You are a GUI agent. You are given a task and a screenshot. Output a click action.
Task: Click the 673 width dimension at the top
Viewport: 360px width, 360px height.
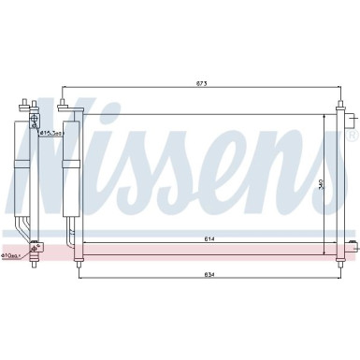pyautogui.click(x=200, y=84)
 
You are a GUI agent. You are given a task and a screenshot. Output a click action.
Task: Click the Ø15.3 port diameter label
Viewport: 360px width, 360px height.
pyautogui.click(x=50, y=134)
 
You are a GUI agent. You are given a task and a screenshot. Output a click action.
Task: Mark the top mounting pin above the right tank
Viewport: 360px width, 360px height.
pyautogui.click(x=338, y=102)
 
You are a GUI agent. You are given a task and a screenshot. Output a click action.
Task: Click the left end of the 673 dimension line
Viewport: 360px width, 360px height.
pyautogui.click(x=64, y=90)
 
